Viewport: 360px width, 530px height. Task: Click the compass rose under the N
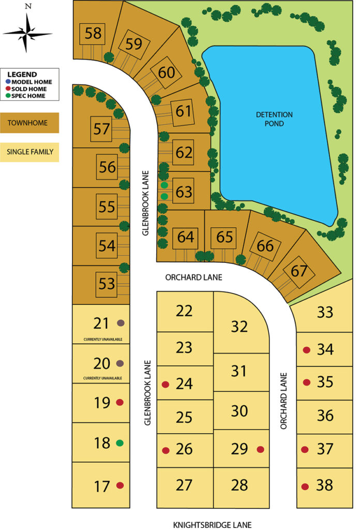pos(27,33)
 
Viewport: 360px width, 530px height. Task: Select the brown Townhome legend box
pos(29,124)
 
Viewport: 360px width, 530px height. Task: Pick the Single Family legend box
pos(29,152)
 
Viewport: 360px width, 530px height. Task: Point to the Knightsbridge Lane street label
pos(213,524)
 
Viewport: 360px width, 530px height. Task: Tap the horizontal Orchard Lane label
pos(193,277)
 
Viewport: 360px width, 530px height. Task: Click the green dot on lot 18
pos(120,443)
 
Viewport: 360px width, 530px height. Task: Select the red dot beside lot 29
pos(260,449)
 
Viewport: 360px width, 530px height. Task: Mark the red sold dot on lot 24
pos(166,384)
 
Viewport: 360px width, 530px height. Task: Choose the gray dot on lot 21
pos(121,323)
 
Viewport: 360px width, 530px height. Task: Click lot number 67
pos(299,271)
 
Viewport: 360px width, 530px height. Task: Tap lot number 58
pos(93,34)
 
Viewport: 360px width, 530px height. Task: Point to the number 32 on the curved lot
pos(239,327)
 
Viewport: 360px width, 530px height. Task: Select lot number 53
pos(107,284)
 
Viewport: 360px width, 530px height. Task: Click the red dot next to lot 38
pos(305,486)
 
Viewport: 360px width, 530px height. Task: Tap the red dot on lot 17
pos(120,485)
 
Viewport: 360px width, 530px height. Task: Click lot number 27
pos(184,485)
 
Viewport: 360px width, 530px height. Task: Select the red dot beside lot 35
pos(306,382)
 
